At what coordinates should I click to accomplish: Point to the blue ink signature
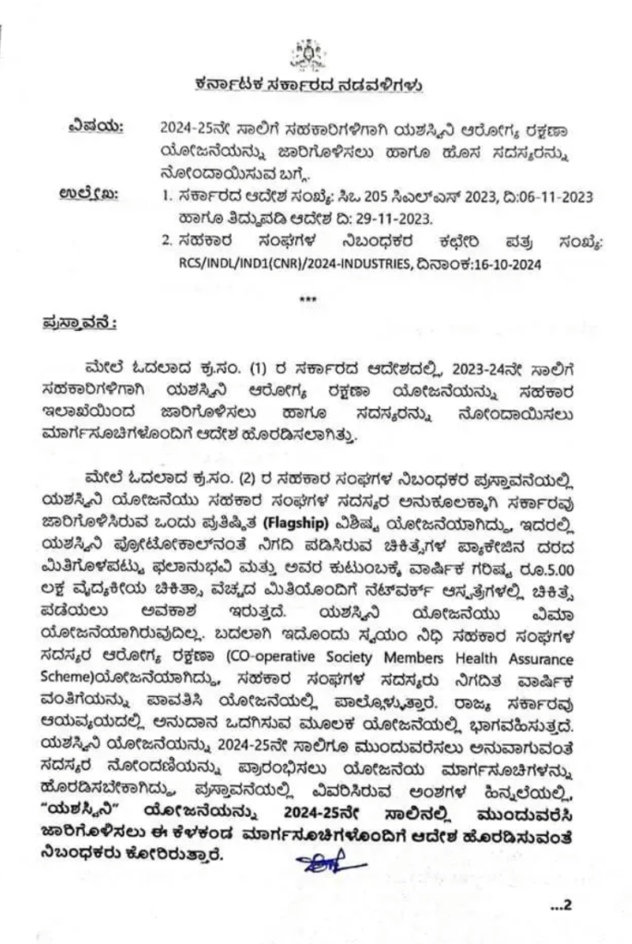[321, 864]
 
